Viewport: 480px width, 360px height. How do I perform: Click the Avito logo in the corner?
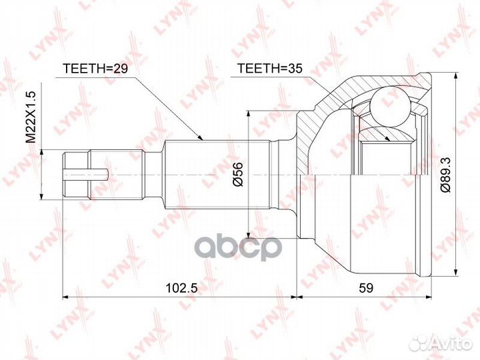pyautogui.click(x=439, y=343)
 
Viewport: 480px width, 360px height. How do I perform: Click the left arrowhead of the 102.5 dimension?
pyautogui.click(x=65, y=297)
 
